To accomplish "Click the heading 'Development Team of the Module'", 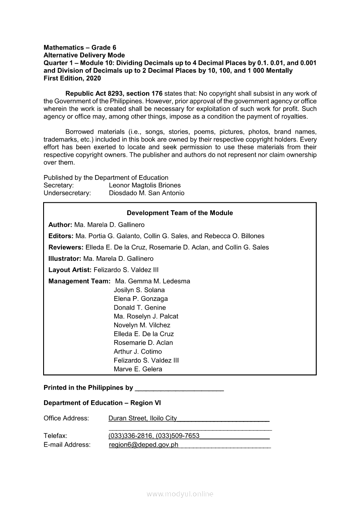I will pyautogui.click(x=180, y=213).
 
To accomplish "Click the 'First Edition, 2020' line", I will pyautogui.click(x=72, y=78).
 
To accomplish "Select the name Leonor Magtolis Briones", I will pyautogui.click(x=145, y=185).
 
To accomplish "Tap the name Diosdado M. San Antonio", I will pyautogui.click(x=146, y=193).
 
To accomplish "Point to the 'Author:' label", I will pyautogui.click(x=60, y=225).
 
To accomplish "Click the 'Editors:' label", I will pyautogui.click(x=61, y=236).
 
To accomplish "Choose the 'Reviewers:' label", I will pyautogui.click(x=66, y=247).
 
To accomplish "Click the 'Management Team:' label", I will pyautogui.click(x=79, y=281).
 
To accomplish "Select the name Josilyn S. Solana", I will pyautogui.click(x=139, y=290).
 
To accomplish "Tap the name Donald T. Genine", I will pyautogui.click(x=139, y=307).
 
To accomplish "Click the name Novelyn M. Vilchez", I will pyautogui.click(x=142, y=325).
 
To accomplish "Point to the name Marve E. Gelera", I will pyautogui.click(x=138, y=369).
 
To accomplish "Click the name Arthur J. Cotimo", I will pyautogui.click(x=138, y=351).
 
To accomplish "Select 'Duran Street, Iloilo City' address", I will pyautogui.click(x=143, y=418).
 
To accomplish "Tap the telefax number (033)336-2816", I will pyautogui.click(x=130, y=436).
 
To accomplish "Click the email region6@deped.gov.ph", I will pyautogui.click(x=143, y=445).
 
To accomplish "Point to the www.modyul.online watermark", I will pyautogui.click(x=180, y=494).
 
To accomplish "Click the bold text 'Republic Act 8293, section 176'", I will pyautogui.click(x=114, y=94).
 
